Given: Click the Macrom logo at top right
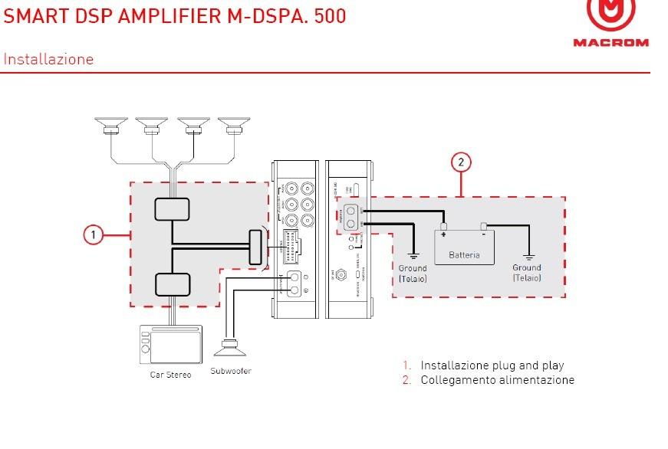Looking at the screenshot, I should (x=610, y=23).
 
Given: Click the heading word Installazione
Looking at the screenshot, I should (x=48, y=59).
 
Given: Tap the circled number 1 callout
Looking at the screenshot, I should (x=93, y=234).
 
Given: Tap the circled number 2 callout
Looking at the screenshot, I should (x=461, y=162).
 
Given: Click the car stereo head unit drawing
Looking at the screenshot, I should (x=170, y=344).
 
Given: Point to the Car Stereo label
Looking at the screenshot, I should (x=170, y=375).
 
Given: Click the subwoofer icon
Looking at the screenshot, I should (x=230, y=348).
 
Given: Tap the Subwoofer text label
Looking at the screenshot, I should (x=230, y=371).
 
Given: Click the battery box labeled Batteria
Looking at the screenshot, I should (x=464, y=247).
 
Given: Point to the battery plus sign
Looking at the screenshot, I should (x=444, y=236).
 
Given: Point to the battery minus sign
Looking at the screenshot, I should (x=484, y=236).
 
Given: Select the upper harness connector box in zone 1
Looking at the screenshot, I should (x=173, y=209).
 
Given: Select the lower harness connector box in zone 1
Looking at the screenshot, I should (x=173, y=284).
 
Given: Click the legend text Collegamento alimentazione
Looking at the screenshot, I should (x=497, y=380).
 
